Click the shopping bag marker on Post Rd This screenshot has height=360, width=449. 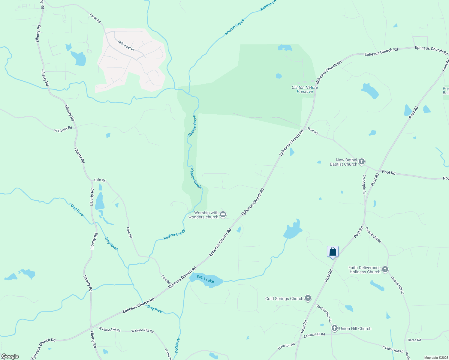[333, 251]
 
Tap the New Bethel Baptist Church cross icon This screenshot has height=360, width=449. [362, 162]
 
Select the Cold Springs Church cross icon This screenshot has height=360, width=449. [308, 298]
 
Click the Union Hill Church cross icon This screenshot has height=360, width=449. [335, 328]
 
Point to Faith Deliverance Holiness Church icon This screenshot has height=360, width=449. [385, 269]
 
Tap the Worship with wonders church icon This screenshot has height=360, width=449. [223, 214]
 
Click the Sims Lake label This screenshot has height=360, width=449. [206, 279]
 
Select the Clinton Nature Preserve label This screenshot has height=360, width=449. [305, 89]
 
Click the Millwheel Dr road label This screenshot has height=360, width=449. [126, 46]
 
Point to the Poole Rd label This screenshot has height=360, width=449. [95, 18]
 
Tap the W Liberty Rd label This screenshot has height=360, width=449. [63, 129]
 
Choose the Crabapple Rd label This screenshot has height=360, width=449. [364, 184]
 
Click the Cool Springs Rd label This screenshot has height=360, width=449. [324, 313]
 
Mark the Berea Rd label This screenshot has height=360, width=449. [414, 340]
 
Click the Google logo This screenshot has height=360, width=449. [10, 356]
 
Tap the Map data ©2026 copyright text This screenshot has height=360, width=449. [435, 358]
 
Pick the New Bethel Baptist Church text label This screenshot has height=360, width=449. [343, 162]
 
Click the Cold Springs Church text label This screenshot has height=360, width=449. [284, 298]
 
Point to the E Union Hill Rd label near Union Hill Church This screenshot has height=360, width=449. [314, 334]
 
